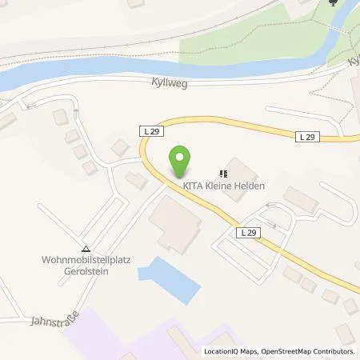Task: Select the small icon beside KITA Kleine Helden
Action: point(223,172)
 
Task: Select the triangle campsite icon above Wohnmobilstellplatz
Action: point(86,247)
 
